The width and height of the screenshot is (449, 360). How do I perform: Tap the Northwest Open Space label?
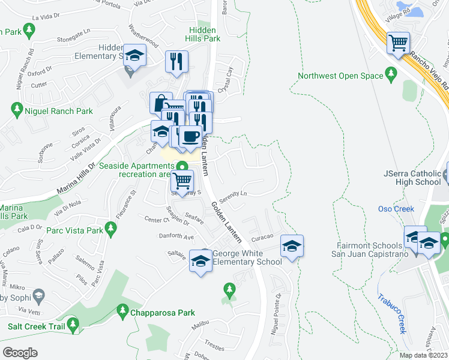point(340,76)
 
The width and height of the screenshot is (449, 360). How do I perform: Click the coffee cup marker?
point(190,137)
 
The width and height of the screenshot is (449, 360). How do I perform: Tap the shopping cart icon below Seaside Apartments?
point(182,180)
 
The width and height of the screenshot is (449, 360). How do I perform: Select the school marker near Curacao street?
point(292,246)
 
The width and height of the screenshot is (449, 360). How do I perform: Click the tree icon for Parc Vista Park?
point(110,228)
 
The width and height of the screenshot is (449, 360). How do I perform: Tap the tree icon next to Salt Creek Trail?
point(73,325)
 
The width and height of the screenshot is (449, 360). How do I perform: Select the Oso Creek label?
point(396,209)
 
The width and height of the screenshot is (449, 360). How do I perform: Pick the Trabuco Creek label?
point(391,313)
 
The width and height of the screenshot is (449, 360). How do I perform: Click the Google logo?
point(20,352)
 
